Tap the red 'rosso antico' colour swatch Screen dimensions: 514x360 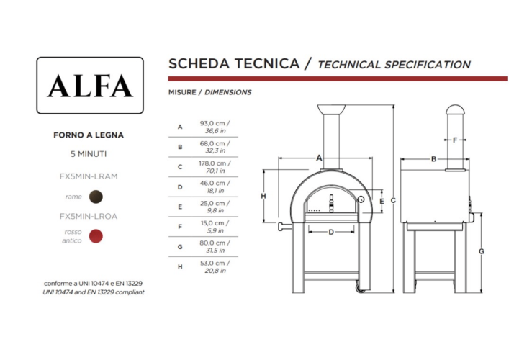(x=96, y=236)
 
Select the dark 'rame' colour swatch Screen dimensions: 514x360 (x=96, y=197)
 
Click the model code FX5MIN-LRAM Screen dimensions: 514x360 (x=89, y=176)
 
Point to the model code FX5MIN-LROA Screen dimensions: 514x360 (x=89, y=217)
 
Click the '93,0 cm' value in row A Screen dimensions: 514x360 (x=212, y=123)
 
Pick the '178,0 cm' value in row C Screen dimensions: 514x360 (x=212, y=163)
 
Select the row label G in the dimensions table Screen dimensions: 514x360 (x=180, y=247)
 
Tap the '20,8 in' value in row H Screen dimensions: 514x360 (x=215, y=271)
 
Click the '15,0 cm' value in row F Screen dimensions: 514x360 (x=213, y=223)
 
